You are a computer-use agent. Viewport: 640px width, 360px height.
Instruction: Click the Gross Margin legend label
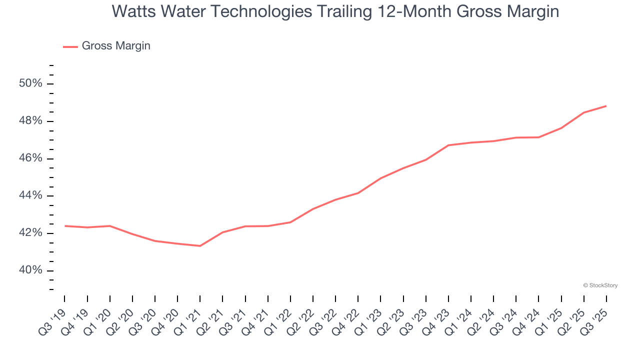[116, 46]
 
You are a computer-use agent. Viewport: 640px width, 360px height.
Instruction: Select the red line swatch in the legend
[70, 46]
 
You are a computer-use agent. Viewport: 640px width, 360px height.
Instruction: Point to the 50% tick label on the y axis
[30, 83]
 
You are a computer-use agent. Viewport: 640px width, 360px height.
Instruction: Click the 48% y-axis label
[30, 121]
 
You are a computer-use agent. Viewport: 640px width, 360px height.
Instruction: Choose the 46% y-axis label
[30, 158]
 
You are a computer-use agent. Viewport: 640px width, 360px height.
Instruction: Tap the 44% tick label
[30, 195]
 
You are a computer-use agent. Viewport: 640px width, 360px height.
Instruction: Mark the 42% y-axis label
[30, 233]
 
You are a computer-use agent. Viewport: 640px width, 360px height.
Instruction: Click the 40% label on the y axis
[30, 270]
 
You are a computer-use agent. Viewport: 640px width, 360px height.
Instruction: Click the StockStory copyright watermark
[600, 285]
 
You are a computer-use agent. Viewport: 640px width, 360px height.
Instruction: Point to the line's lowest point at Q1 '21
[200, 246]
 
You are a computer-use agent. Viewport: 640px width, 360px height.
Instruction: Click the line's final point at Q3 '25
[606, 106]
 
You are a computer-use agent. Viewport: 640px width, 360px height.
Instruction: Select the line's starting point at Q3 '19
[65, 226]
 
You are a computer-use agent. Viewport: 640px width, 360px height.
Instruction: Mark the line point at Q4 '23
[448, 145]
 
